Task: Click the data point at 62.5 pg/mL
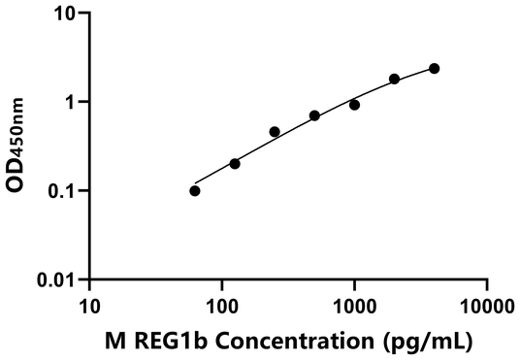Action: [x=195, y=190]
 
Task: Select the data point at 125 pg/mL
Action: [x=235, y=163]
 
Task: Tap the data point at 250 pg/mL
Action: [x=275, y=131]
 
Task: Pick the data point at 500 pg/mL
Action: [x=314, y=115]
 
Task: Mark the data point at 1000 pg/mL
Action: [x=354, y=105]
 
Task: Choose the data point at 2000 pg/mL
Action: [x=394, y=79]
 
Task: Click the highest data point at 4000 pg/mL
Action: [x=434, y=68]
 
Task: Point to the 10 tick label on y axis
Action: [x=65, y=14]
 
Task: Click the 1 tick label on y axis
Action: [x=71, y=102]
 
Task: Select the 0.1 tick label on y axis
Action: [x=62, y=190]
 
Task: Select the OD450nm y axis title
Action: [x=21, y=146]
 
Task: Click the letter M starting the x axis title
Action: [x=115, y=340]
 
